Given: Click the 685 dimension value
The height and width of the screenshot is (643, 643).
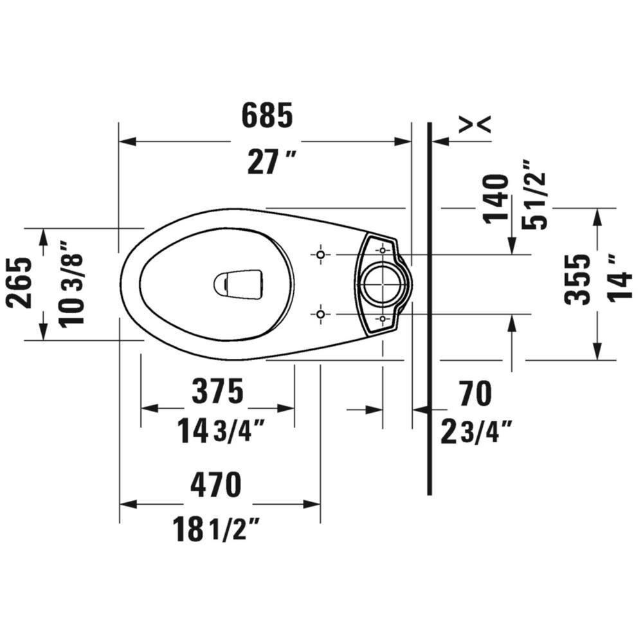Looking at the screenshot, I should (267, 116).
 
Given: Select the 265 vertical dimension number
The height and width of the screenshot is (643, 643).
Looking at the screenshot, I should (21, 283).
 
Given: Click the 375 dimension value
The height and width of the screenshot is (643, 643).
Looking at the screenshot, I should (217, 392).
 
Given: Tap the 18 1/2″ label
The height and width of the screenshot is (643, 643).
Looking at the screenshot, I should (215, 530).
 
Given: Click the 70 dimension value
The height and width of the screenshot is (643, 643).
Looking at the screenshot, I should (475, 393).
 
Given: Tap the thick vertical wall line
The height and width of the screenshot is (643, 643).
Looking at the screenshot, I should (429, 309).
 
